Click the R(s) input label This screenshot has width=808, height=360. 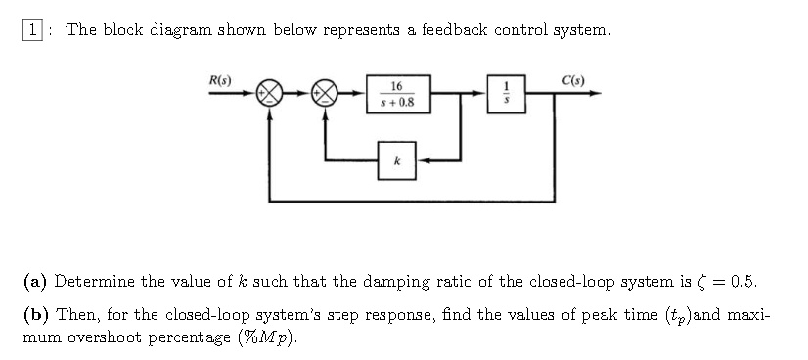point(221,77)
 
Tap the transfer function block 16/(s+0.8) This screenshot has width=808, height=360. point(396,94)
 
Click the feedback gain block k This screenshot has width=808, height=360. point(396,158)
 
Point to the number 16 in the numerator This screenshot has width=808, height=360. point(396,86)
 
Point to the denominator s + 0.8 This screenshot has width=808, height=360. point(396,102)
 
